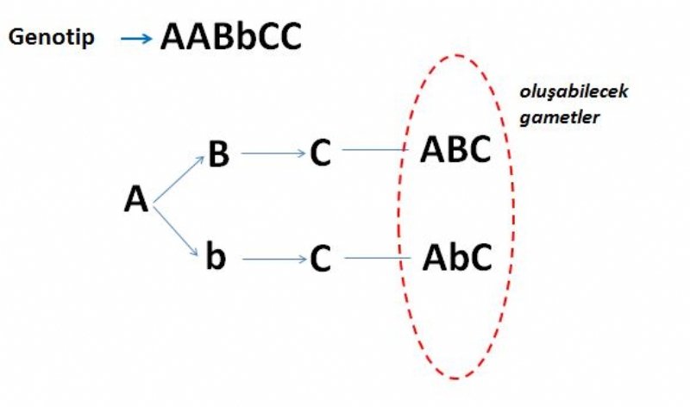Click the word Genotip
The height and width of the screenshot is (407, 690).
click(x=52, y=40)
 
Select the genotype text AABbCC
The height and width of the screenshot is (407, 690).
click(x=231, y=38)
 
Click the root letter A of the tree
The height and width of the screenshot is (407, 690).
click(x=136, y=200)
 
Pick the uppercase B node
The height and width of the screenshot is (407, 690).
click(x=218, y=154)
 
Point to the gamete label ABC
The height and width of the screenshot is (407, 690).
click(x=455, y=150)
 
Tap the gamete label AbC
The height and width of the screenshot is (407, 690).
click(x=457, y=256)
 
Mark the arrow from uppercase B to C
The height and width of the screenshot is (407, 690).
click(x=273, y=154)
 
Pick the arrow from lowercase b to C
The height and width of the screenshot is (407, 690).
click(x=273, y=259)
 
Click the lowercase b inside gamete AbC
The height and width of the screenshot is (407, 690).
click(x=457, y=256)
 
